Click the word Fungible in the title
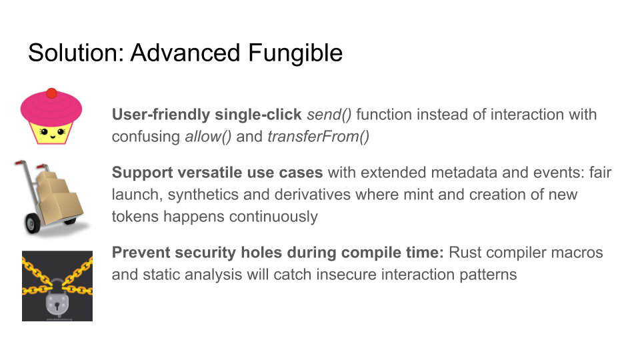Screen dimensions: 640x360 tap(295, 53)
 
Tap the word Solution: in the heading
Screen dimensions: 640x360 tap(76, 53)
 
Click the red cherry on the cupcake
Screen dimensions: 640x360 tap(51, 93)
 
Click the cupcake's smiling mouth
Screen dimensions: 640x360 tap(52, 136)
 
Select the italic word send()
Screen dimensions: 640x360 tap(329, 115)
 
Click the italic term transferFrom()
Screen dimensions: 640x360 tap(319, 137)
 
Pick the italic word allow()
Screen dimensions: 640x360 tap(208, 137)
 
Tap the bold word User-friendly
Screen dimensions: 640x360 tap(161, 115)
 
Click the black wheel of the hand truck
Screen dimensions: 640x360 tap(33, 223)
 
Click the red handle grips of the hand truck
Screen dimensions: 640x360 tap(29, 164)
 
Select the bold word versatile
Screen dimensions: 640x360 tap(211, 173)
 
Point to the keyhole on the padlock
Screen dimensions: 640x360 tap(57, 305)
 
